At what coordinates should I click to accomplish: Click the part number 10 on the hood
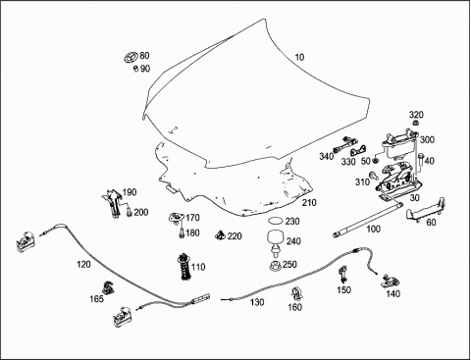tap(299, 57)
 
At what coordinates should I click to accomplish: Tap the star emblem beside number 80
tap(131, 58)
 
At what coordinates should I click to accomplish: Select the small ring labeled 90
tap(135, 69)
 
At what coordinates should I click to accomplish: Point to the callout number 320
tap(416, 115)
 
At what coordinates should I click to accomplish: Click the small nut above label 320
tap(416, 124)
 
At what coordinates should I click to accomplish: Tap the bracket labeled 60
tap(425, 210)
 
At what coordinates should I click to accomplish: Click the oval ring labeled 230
tap(275, 221)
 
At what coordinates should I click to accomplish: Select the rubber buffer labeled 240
tap(276, 241)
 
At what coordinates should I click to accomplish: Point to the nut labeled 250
tap(276, 266)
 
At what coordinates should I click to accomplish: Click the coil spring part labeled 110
tap(185, 267)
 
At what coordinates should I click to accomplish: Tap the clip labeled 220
tap(220, 234)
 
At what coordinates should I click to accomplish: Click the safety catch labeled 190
tap(113, 203)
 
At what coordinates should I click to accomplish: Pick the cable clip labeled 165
tap(107, 287)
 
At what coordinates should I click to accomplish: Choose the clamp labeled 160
tap(296, 293)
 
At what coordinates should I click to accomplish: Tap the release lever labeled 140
tap(391, 281)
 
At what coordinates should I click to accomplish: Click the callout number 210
tap(309, 203)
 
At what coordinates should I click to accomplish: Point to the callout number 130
tap(257, 302)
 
